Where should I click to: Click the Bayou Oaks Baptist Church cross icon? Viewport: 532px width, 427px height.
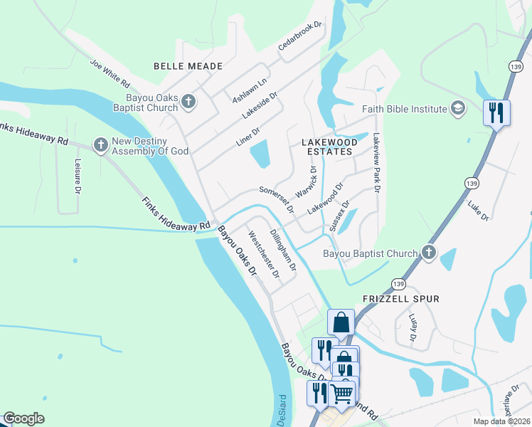point(188,102)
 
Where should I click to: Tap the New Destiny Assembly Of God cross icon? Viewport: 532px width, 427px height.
point(100,145)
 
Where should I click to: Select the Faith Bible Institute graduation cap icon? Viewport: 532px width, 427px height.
point(458,108)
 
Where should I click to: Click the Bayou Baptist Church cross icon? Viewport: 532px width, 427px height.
point(428,253)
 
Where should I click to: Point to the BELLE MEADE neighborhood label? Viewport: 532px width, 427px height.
point(188,66)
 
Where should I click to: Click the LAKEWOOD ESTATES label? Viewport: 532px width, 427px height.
point(327,147)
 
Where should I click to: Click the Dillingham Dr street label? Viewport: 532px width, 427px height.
point(282,249)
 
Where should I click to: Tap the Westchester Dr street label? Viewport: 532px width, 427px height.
point(262,254)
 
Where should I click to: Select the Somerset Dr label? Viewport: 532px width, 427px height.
point(277,199)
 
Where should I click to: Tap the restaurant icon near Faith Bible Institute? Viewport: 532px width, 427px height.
point(496,112)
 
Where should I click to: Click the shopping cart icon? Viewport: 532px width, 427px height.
point(342,392)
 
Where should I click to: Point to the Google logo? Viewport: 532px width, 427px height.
point(23,418)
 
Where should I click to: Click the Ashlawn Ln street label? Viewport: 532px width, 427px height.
point(249,90)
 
